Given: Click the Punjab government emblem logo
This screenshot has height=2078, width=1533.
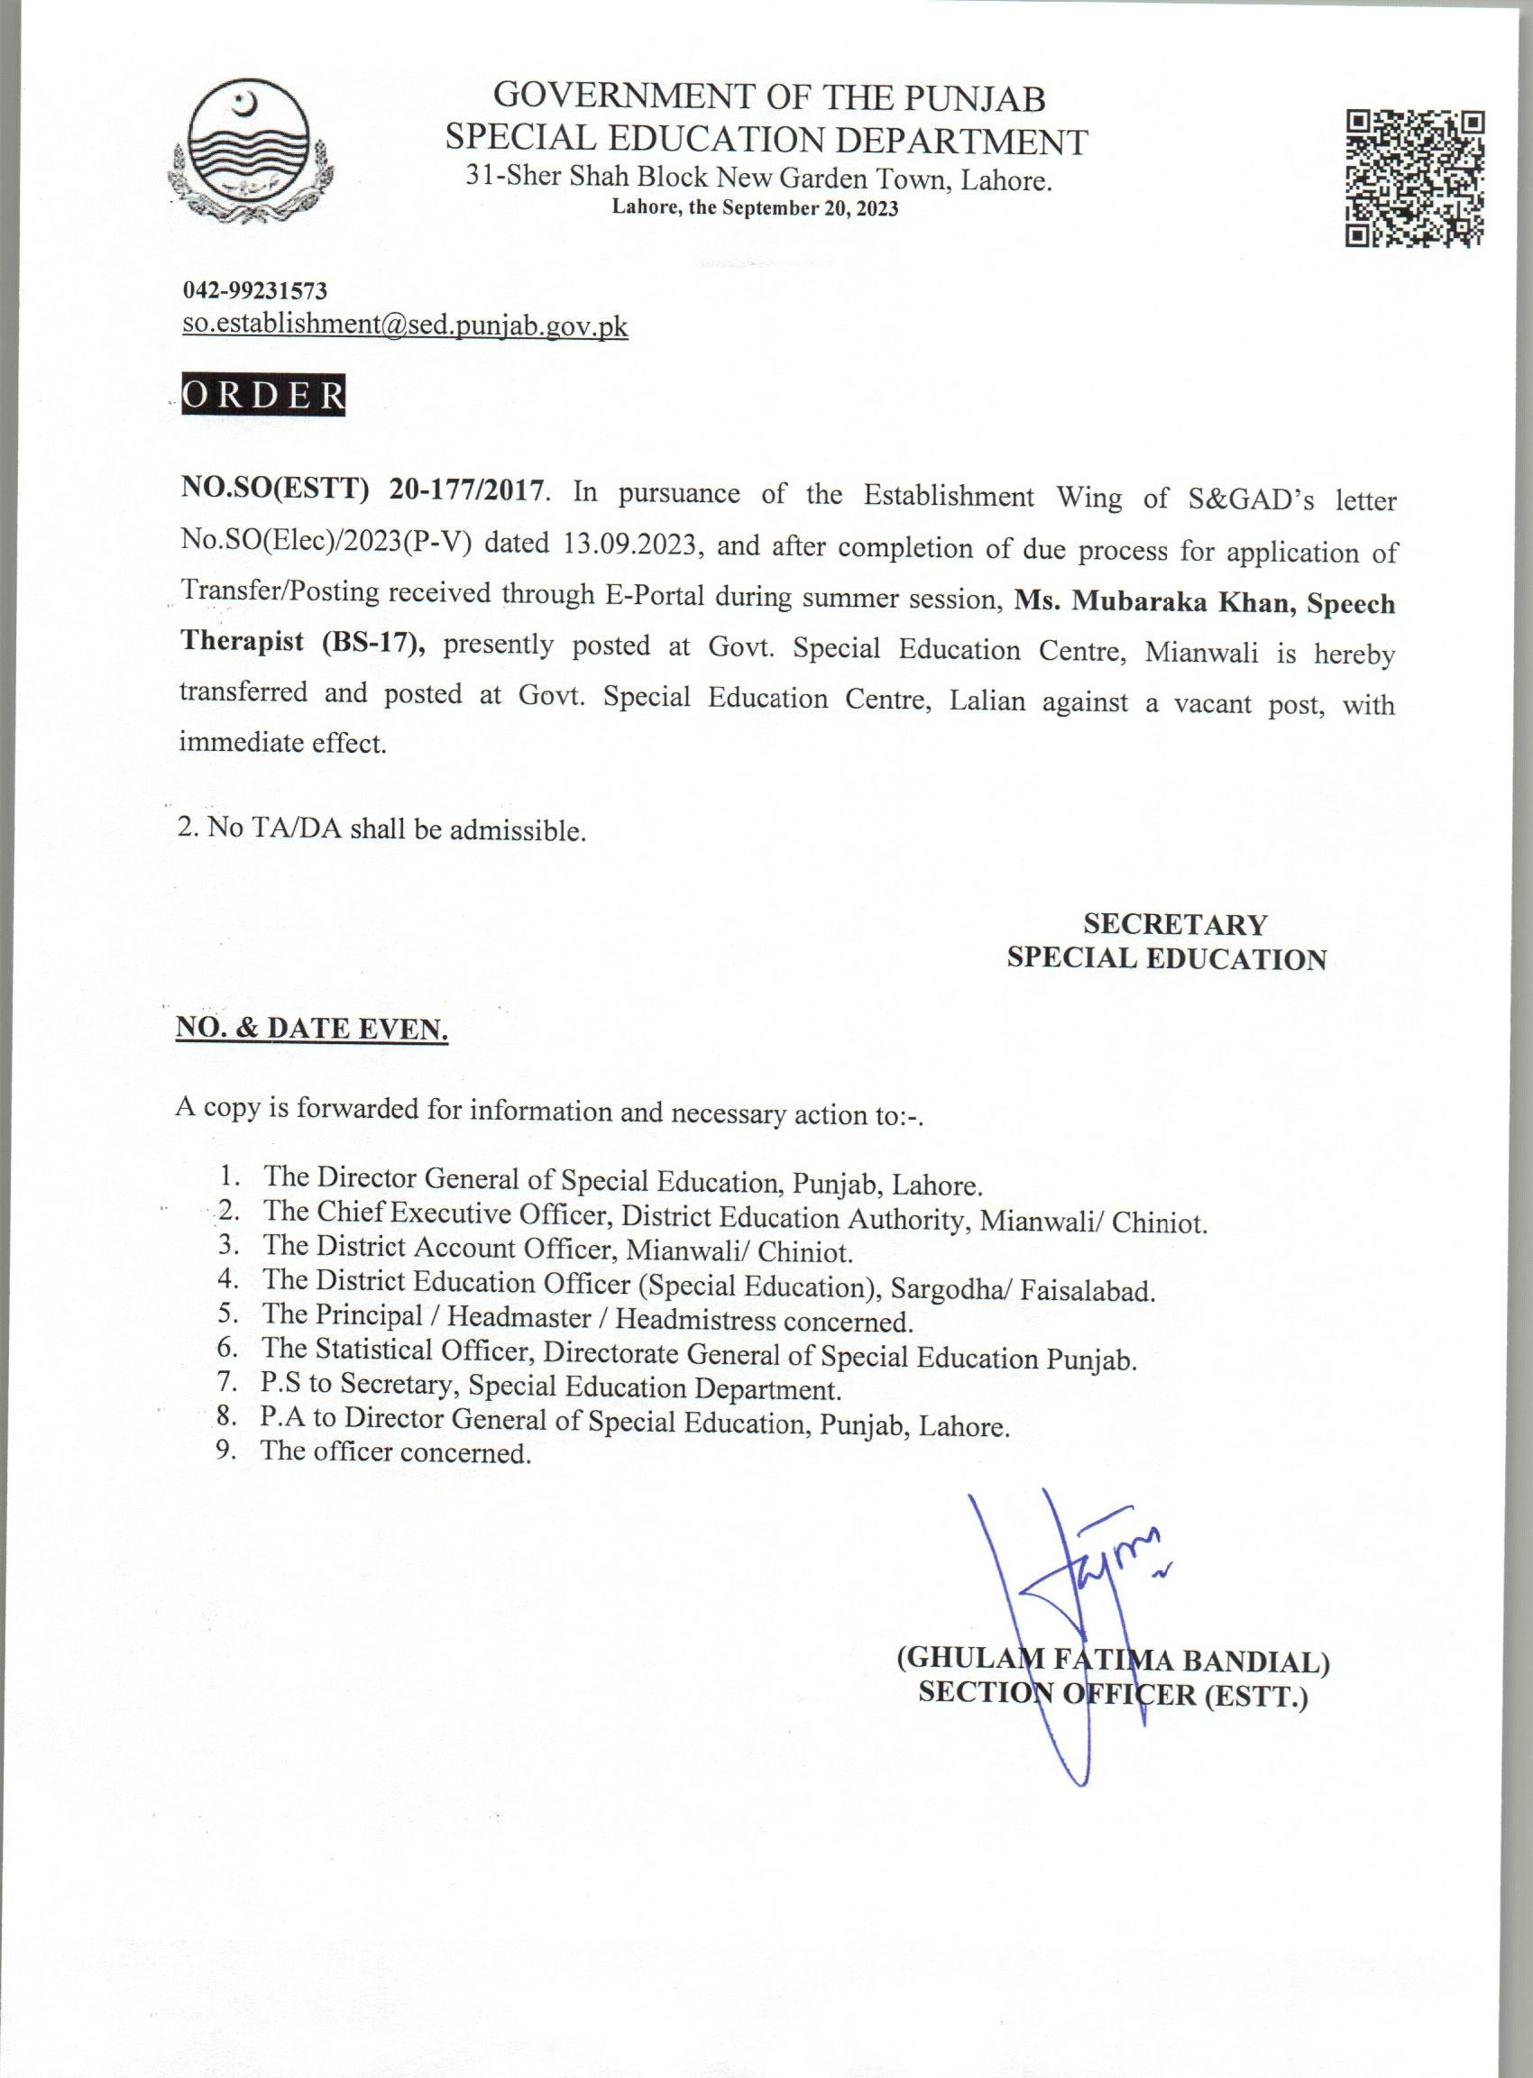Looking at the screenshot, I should [x=252, y=159].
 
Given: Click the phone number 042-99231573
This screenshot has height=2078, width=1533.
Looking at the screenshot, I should [x=253, y=290].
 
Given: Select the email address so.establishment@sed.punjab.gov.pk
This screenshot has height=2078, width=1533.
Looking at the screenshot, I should [x=405, y=325].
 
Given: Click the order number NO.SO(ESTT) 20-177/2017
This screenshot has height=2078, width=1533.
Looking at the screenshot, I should [x=360, y=490].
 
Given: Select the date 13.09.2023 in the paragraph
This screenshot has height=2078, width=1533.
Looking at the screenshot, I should [x=629, y=544].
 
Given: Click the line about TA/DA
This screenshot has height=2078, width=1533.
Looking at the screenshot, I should [x=381, y=828].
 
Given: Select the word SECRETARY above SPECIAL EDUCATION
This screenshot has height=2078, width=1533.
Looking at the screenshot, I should [x=1174, y=924].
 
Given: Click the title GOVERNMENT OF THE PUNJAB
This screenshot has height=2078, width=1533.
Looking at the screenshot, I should [x=769, y=97].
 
